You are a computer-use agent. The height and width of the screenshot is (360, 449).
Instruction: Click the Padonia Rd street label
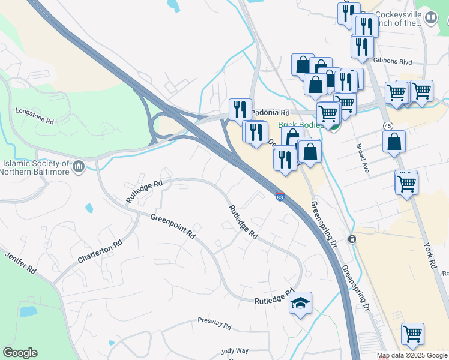[271, 113]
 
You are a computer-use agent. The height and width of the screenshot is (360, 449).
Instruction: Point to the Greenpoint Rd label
[173, 227]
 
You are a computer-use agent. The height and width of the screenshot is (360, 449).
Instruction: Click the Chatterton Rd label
[100, 252]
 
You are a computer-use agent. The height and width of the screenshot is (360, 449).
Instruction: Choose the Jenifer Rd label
[22, 263]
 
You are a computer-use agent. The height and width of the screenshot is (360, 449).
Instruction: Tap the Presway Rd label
[215, 325]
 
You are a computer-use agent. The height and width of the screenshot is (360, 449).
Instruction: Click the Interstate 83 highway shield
[280, 196]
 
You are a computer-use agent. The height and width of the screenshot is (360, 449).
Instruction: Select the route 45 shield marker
[388, 125]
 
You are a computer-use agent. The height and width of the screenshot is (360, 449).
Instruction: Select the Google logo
[20, 353]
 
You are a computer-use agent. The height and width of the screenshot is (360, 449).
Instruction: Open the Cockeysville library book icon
[430, 19]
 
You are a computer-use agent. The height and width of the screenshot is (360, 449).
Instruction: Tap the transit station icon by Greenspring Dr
[352, 239]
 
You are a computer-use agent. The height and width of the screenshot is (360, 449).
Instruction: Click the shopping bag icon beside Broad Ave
[394, 142]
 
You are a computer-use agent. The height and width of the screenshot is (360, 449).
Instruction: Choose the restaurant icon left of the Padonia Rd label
[240, 109]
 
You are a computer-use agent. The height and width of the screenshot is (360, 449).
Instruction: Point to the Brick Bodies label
[301, 125]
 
